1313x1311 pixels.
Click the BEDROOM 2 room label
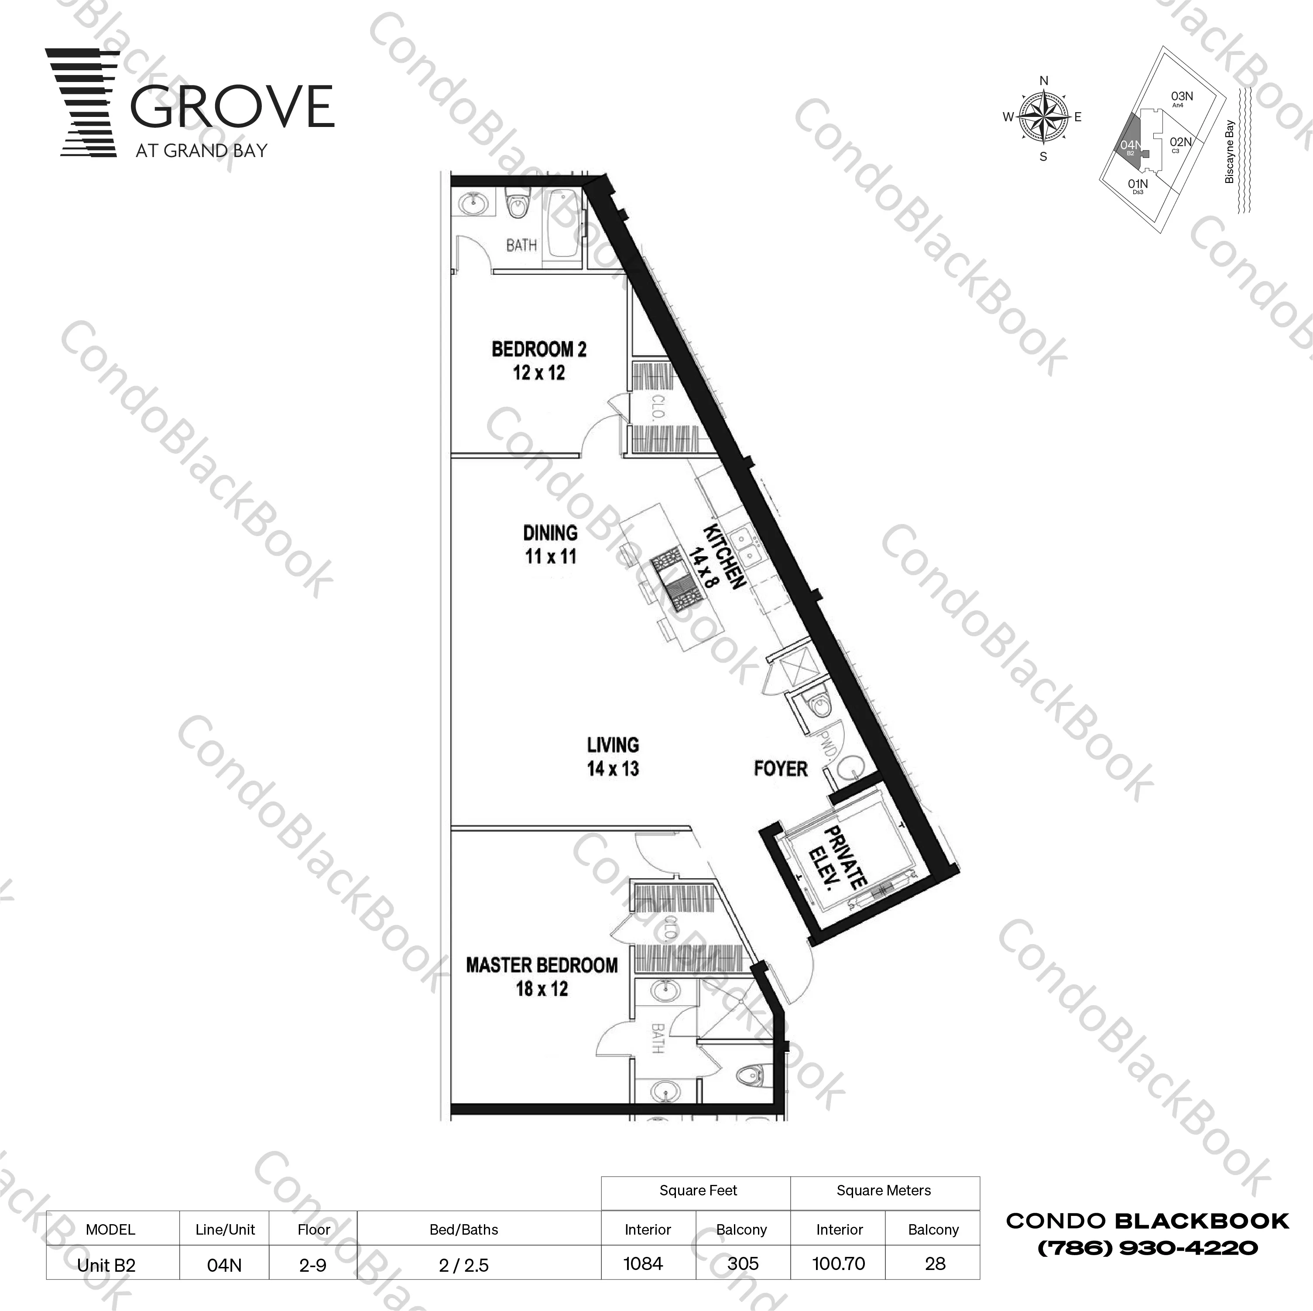[538, 361]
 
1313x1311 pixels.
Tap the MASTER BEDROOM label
[542, 977]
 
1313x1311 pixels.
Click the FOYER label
[780, 769]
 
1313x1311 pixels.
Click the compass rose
[1043, 117]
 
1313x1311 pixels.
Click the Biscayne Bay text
[1229, 151]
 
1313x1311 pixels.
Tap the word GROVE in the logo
[232, 107]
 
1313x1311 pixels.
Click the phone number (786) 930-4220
[1147, 1248]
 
